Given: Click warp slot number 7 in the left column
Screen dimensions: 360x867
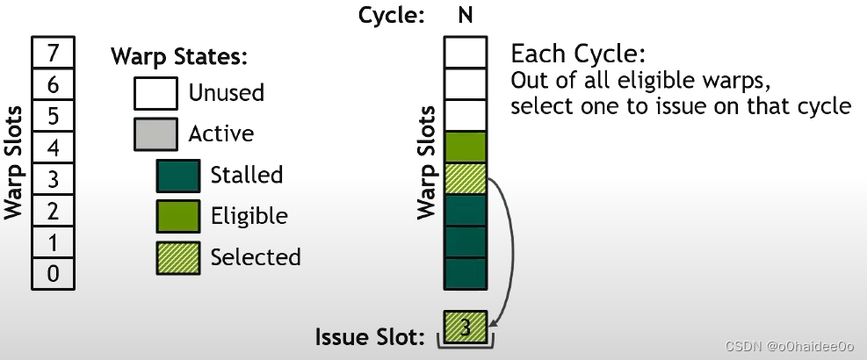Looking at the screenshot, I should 53,53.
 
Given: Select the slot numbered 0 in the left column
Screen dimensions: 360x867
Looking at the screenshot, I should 53,274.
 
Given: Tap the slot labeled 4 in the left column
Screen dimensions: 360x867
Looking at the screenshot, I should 53,148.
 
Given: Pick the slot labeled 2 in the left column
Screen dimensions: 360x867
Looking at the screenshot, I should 53,211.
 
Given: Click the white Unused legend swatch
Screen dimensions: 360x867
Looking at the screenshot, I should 156,92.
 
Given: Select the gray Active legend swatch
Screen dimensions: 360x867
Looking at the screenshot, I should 156,133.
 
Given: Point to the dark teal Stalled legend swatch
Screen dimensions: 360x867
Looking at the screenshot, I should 179,175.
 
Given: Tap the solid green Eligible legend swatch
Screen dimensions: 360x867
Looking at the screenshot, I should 179,216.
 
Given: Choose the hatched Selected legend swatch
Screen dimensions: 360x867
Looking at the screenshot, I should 179,257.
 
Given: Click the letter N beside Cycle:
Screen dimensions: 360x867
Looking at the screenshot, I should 465,15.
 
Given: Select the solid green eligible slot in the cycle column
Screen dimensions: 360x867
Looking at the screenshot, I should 465,147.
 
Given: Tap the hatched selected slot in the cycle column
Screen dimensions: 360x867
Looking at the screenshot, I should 465,178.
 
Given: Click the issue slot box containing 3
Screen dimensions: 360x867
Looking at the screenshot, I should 466,328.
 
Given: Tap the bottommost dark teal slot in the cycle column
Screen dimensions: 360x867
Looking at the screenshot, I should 465,273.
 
